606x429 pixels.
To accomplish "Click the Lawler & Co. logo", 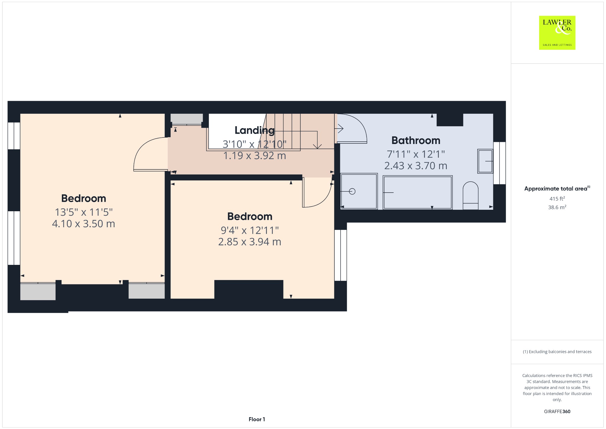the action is tap(557, 33).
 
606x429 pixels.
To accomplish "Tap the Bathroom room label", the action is tap(416, 140).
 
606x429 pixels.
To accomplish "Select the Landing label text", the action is tap(254, 130).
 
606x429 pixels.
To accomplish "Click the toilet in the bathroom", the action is tap(470, 196).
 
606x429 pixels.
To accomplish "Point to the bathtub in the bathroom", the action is tap(418, 193).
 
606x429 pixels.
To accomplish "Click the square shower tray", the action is tap(359, 191).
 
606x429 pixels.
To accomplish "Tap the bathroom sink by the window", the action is tap(485, 161).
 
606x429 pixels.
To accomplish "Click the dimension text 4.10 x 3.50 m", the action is tap(83, 224).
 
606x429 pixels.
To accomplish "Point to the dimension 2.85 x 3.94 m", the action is tap(250, 242).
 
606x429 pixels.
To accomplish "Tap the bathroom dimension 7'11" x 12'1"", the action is tap(416, 154).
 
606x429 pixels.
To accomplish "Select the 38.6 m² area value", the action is tap(557, 207).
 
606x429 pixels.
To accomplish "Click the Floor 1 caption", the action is tap(257, 419).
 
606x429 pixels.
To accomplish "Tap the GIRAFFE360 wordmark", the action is tap(557, 411).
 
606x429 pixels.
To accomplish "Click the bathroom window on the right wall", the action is tap(499, 163).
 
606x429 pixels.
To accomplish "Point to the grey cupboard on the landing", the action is tap(187, 119).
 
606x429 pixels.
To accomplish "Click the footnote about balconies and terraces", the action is tap(557, 352).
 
